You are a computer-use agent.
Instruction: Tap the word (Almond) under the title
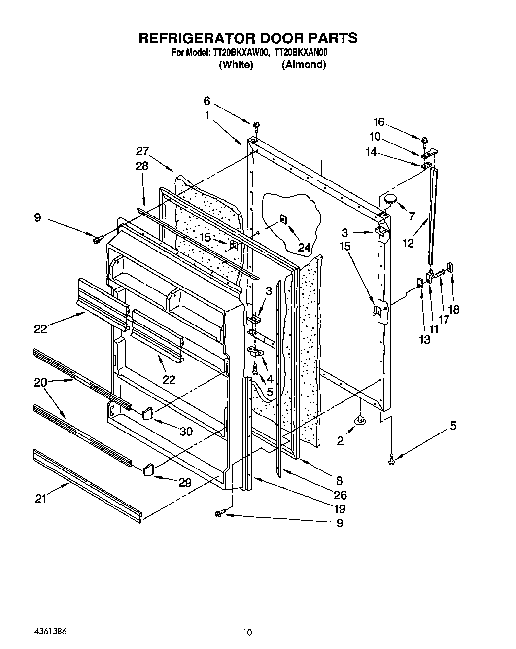[x=304, y=64]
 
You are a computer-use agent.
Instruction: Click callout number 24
[x=304, y=248]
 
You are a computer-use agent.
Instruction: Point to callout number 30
[x=186, y=431]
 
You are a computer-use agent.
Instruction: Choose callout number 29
[x=185, y=483]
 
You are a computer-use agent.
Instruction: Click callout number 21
[x=40, y=499]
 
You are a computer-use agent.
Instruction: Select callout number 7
[x=412, y=216]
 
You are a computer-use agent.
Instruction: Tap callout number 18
[x=454, y=309]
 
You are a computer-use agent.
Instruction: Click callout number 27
[x=142, y=151]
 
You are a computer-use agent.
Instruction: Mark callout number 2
[x=340, y=441]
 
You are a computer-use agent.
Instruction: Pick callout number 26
[x=340, y=495]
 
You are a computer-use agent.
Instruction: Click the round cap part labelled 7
[x=391, y=199]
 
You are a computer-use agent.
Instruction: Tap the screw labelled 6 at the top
[x=257, y=124]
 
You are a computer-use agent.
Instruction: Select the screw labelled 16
[x=424, y=140]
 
